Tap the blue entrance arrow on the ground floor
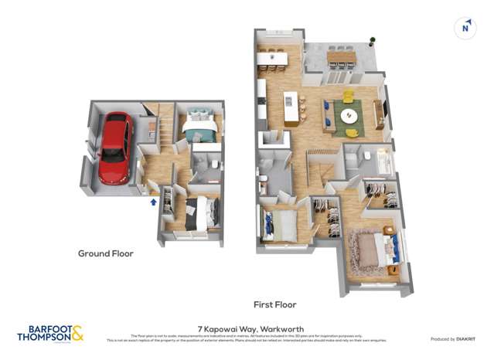[x=153, y=202]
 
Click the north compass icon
[x=465, y=28]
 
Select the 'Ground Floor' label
[x=106, y=253]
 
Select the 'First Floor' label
[x=275, y=304]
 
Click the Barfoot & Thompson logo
[x=50, y=333]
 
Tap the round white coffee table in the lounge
[x=349, y=116]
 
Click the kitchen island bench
[x=291, y=109]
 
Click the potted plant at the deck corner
[x=372, y=40]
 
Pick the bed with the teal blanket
[x=199, y=125]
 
